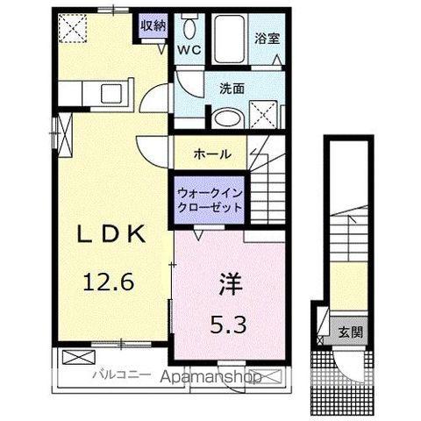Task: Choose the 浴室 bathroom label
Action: coord(267,38)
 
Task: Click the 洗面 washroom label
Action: coord(232,88)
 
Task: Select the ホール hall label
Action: coord(213,153)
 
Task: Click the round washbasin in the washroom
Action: coord(228,117)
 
